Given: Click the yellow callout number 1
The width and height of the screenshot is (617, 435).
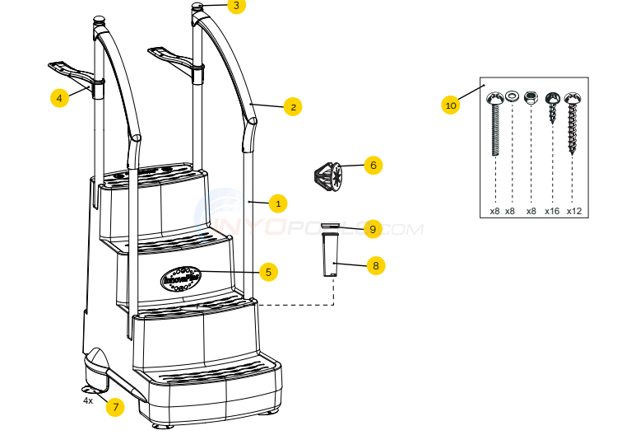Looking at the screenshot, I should click(278, 202).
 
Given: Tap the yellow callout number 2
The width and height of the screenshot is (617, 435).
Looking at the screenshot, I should click(291, 105).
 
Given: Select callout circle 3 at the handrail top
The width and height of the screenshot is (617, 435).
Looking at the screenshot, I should click(236, 6).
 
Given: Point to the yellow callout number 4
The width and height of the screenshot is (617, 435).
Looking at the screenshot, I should click(58, 98).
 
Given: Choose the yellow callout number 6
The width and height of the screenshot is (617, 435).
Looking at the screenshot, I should click(373, 165).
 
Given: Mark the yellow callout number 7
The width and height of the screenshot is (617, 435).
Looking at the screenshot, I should click(115, 406).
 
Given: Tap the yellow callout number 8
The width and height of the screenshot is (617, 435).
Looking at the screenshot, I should click(375, 266).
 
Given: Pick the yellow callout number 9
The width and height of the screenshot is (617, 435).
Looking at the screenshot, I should click(373, 229).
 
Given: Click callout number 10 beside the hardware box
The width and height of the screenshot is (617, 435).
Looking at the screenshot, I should click(450, 105).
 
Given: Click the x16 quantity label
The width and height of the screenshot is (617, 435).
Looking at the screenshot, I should click(551, 211).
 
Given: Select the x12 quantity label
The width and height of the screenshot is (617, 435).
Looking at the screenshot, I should click(573, 211).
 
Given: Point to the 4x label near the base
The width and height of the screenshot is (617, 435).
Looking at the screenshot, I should click(88, 400).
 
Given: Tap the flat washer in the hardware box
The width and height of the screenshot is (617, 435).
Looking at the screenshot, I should click(512, 97).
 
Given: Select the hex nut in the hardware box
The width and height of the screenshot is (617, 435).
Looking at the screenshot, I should click(531, 97).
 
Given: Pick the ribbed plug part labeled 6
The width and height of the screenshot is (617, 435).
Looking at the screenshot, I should click(328, 175).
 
